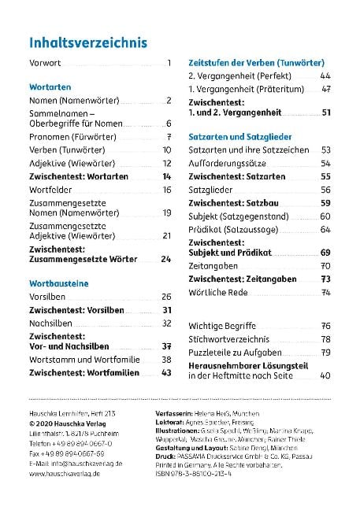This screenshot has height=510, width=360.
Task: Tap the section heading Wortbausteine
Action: [x=57, y=282]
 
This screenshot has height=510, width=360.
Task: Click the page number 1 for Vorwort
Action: [x=169, y=62]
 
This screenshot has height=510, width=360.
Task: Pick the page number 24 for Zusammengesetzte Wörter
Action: [x=165, y=258]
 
